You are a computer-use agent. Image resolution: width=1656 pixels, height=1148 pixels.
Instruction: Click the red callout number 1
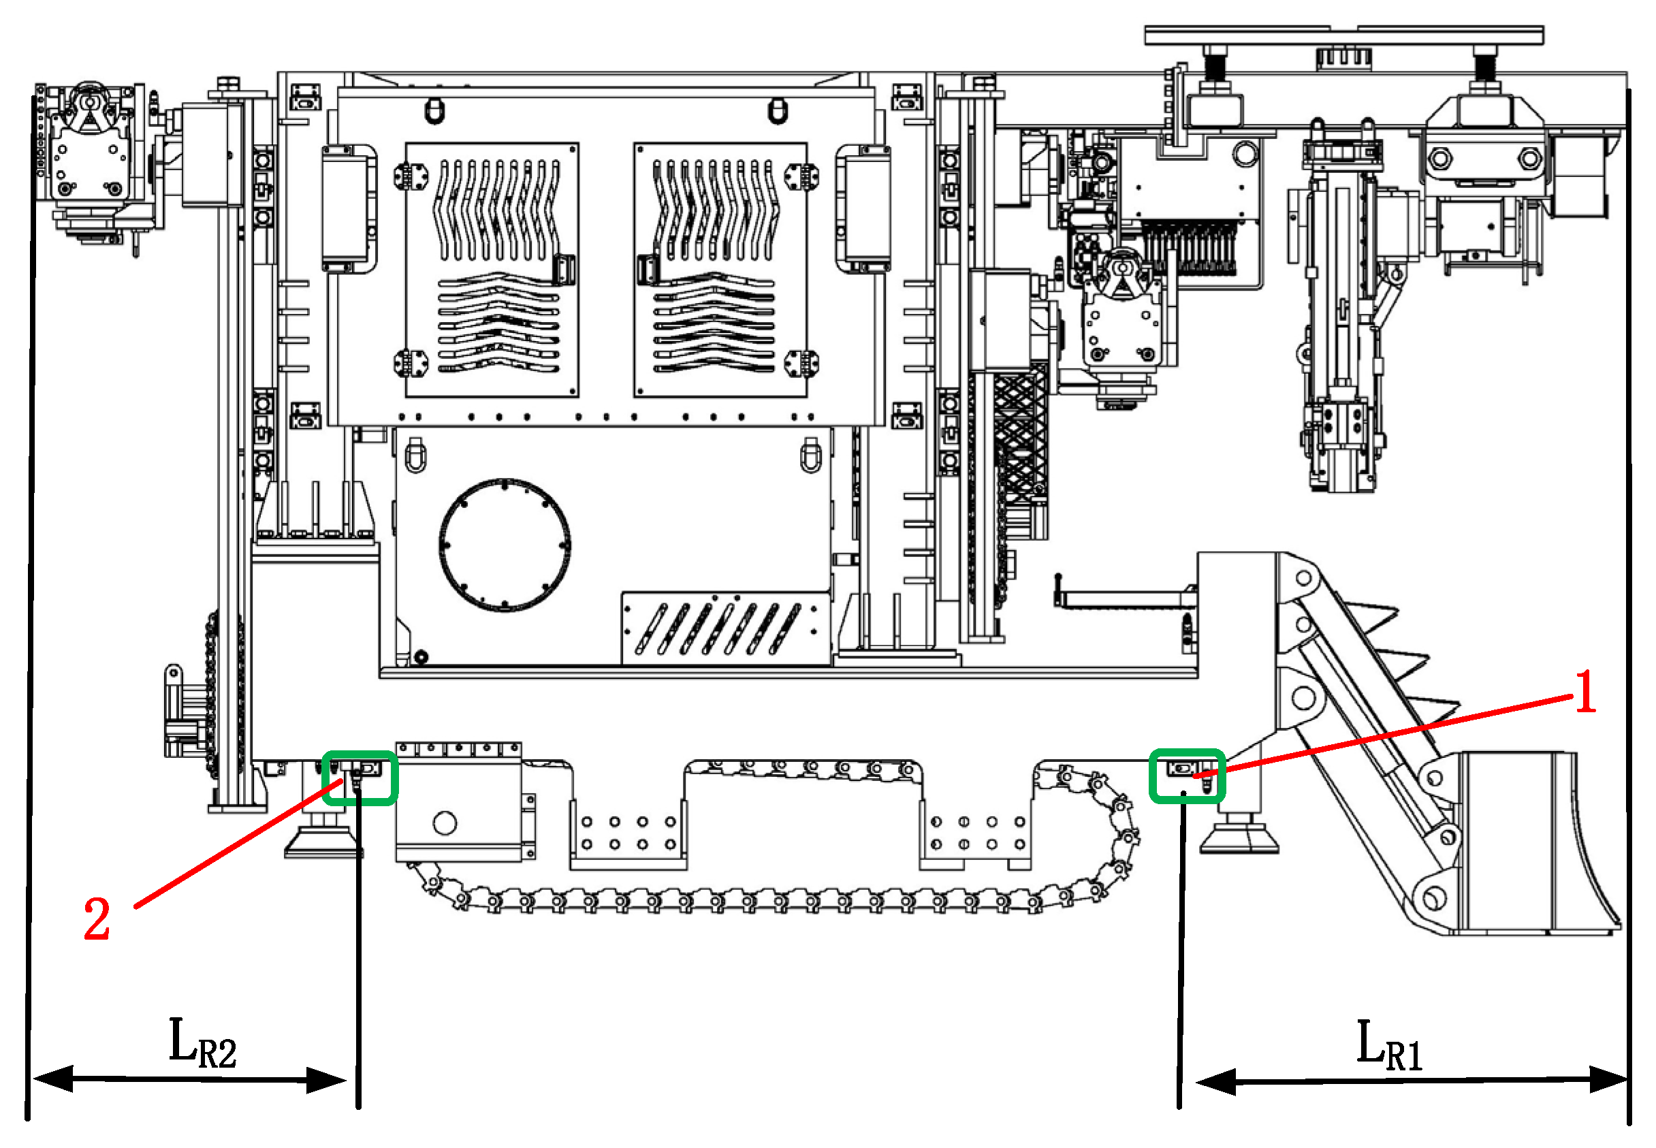[1585, 691]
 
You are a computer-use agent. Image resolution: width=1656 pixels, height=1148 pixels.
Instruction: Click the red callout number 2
[97, 919]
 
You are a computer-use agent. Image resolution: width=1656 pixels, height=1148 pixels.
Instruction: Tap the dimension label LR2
[202, 1043]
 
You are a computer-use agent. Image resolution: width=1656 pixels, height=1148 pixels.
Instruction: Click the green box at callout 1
[1187, 776]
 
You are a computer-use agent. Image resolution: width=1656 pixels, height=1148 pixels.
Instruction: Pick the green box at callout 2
[359, 778]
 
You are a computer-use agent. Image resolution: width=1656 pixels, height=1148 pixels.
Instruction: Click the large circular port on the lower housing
[505, 545]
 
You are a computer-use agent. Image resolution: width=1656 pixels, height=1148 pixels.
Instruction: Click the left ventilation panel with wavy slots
[492, 269]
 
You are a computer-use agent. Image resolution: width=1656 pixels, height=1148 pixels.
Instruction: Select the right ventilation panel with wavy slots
[720, 269]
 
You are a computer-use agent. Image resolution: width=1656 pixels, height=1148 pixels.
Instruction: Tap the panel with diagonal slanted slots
[725, 628]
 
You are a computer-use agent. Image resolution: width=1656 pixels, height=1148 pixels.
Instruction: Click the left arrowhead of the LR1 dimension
[1215, 1081]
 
